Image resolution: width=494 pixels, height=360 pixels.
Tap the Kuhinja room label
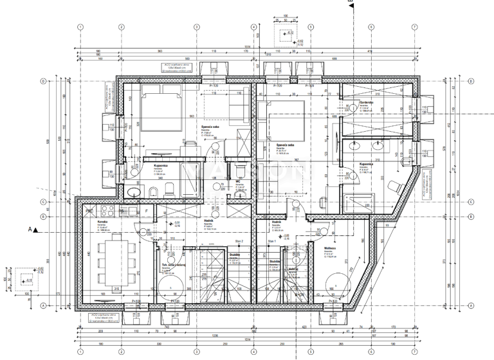102,222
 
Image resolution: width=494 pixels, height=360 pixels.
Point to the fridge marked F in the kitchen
147,210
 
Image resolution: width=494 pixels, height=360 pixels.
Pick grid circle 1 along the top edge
80,27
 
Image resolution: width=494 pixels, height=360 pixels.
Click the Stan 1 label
271,241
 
